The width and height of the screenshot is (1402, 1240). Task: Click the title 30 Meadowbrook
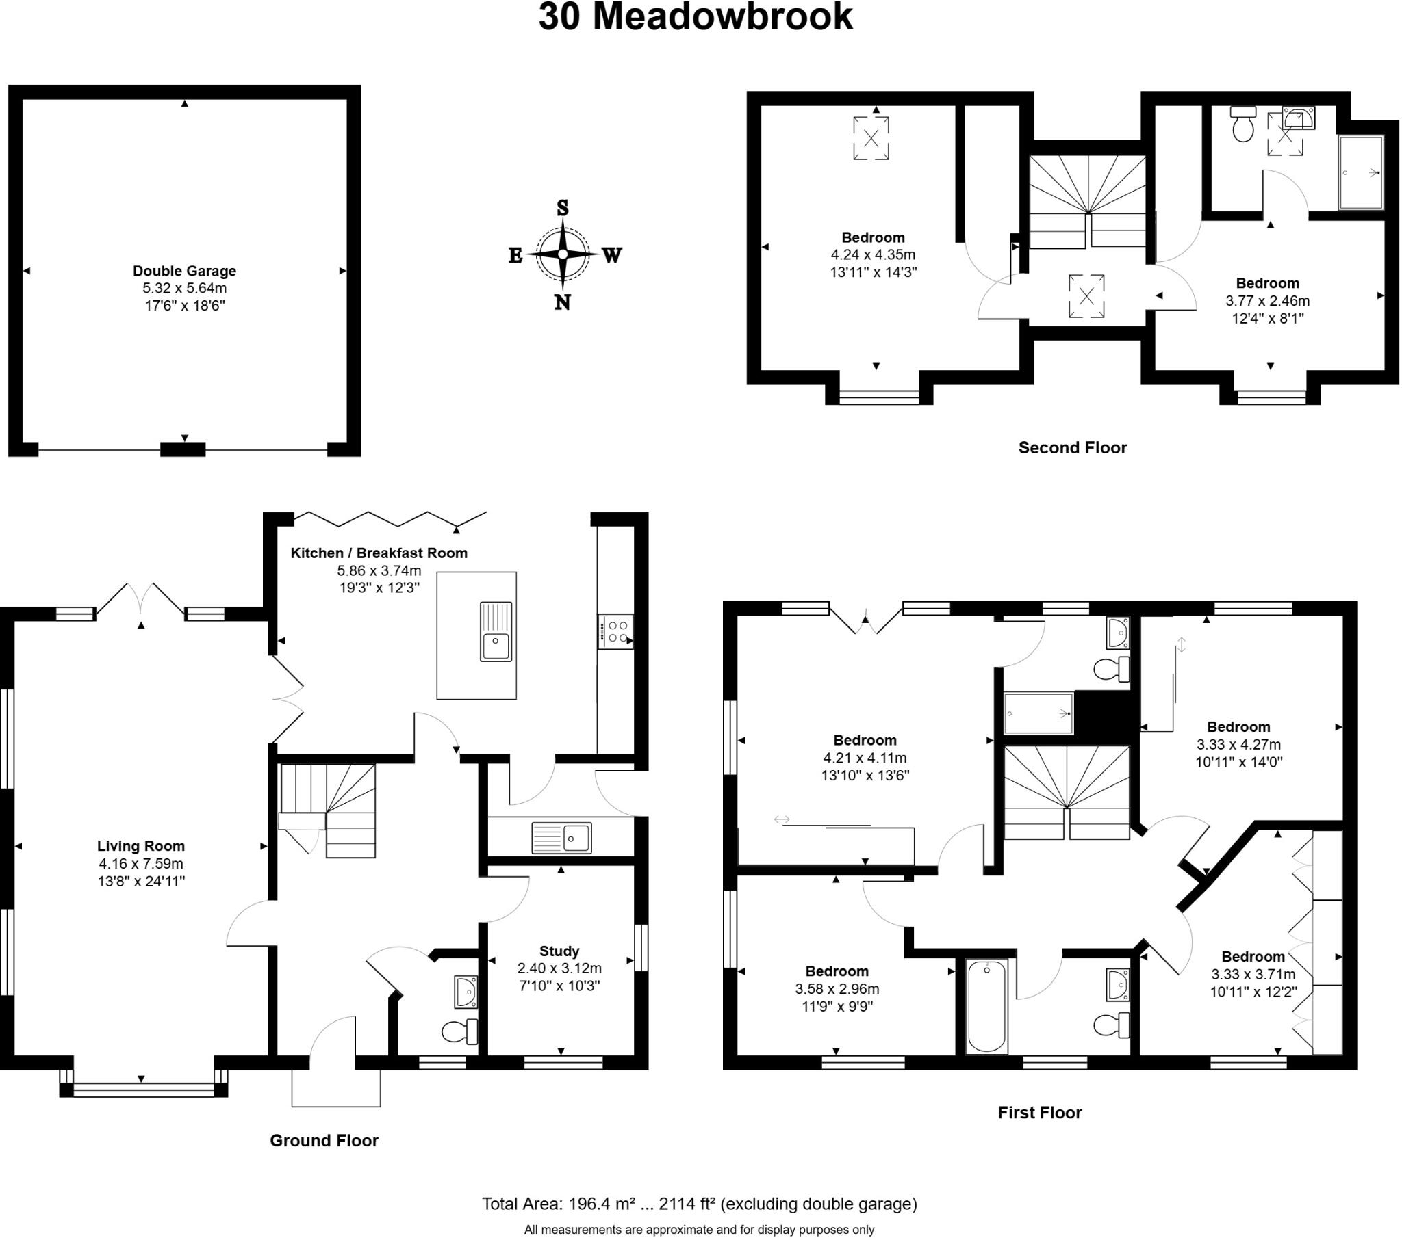(695, 17)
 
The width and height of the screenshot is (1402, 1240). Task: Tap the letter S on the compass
(563, 208)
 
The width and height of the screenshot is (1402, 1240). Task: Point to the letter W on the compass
(612, 256)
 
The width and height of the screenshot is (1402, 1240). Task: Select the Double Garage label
(185, 271)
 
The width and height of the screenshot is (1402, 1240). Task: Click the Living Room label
(140, 846)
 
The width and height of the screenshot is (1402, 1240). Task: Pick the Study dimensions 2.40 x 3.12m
(559, 968)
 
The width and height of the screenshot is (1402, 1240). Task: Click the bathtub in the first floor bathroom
(986, 1006)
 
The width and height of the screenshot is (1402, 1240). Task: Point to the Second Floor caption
(1072, 447)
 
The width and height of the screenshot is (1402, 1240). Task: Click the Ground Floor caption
(324, 1141)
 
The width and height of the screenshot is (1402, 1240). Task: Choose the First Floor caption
(1039, 1113)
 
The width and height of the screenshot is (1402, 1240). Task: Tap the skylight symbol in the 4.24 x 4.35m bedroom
(871, 138)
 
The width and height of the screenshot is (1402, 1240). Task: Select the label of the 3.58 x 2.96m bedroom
(837, 971)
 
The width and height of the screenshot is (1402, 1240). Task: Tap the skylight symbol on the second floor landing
(1086, 296)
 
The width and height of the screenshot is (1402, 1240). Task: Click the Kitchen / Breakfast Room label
(379, 553)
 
